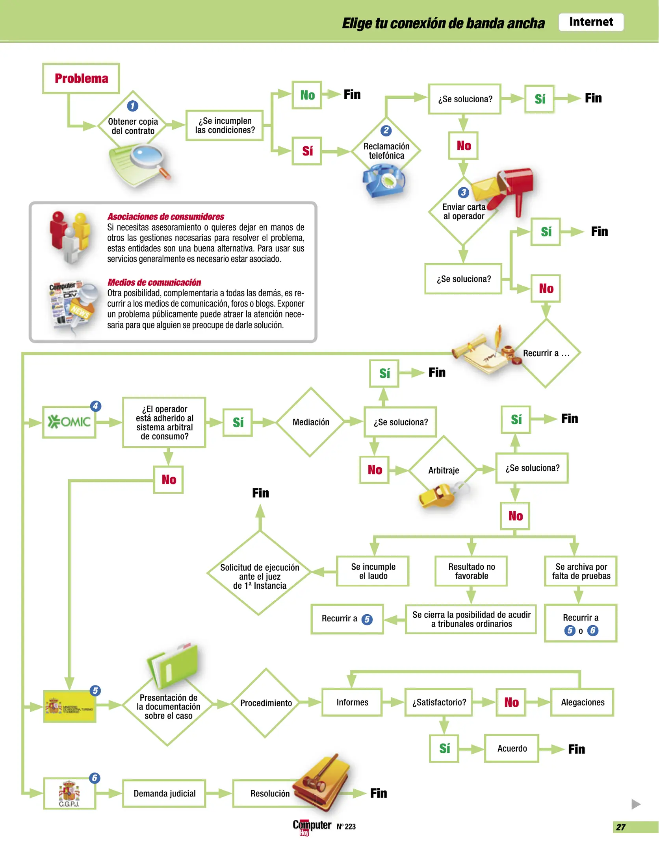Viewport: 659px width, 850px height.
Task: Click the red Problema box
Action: point(81,78)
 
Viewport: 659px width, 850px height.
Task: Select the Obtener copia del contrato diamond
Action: point(133,125)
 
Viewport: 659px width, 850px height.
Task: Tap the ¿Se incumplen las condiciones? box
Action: point(225,126)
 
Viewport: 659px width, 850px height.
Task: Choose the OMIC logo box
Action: point(69,422)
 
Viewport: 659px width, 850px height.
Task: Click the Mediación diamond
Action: point(311,422)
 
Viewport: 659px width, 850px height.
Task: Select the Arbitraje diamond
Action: point(444,470)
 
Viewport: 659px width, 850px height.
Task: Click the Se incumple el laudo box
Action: point(373,571)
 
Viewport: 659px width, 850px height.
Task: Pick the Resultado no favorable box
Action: point(471,571)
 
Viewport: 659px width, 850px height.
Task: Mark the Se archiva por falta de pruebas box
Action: point(581,571)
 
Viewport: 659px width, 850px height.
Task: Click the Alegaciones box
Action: point(582,702)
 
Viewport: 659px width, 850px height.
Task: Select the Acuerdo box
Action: point(512,748)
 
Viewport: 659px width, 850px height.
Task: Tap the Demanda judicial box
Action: point(164,793)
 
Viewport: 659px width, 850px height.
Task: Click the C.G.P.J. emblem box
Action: point(69,793)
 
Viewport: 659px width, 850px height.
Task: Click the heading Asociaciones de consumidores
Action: point(166,216)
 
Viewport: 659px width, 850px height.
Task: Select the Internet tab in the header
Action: point(590,22)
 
